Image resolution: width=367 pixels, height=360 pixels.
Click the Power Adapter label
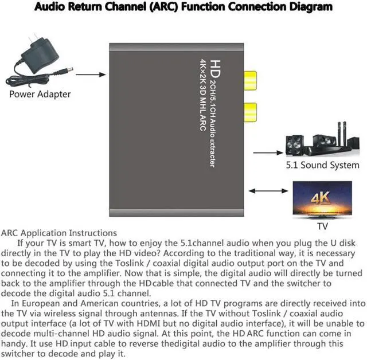[x=40, y=94]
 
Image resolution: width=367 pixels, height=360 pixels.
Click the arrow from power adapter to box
[x=91, y=74]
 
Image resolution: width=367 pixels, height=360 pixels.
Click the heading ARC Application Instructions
[x=59, y=233]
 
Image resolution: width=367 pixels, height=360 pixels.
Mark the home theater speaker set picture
[x=319, y=140]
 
